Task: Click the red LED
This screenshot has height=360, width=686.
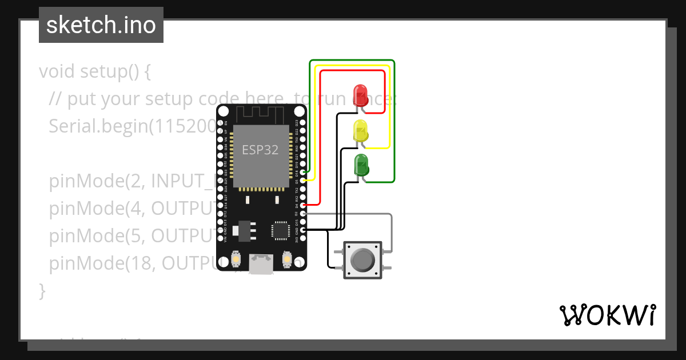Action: (360, 94)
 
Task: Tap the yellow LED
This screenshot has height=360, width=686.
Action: (361, 131)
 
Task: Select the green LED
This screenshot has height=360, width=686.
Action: (361, 165)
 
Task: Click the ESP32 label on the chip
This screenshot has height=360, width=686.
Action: (260, 150)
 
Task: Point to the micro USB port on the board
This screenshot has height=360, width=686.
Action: (261, 263)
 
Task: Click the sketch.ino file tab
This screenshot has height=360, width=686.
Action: (101, 25)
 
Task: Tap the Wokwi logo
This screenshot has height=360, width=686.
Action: (607, 315)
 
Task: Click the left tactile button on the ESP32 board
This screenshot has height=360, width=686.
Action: (236, 261)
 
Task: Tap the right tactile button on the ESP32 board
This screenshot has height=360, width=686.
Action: (287, 261)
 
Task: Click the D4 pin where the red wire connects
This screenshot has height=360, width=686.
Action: (303, 205)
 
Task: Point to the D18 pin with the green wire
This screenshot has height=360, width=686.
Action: (303, 172)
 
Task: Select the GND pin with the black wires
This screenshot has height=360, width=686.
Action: (303, 230)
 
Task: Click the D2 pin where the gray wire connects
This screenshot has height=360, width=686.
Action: (303, 213)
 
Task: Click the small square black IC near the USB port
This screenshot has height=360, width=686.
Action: (281, 230)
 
